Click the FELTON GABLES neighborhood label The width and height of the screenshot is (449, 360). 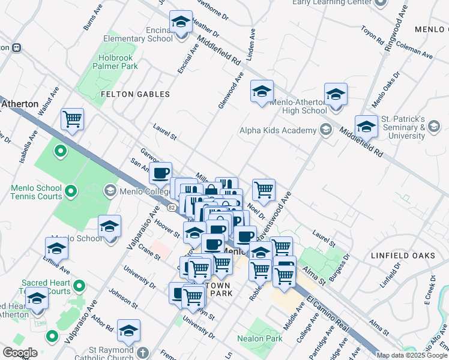(x=135, y=94)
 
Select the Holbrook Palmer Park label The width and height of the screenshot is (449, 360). (x=118, y=62)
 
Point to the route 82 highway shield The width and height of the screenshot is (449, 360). (x=172, y=208)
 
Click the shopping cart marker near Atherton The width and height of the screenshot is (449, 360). (x=73, y=119)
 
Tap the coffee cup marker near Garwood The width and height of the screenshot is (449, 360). (x=160, y=173)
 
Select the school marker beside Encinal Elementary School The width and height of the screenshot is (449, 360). (x=181, y=22)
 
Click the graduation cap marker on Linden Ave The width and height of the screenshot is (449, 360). (x=261, y=91)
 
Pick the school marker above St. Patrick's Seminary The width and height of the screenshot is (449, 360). (x=366, y=126)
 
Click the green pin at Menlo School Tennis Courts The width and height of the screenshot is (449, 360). (x=71, y=192)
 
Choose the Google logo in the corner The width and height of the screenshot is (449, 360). (x=19, y=353)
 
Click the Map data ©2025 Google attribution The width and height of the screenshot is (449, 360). (x=412, y=355)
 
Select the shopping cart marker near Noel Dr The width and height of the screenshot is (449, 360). (x=264, y=190)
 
